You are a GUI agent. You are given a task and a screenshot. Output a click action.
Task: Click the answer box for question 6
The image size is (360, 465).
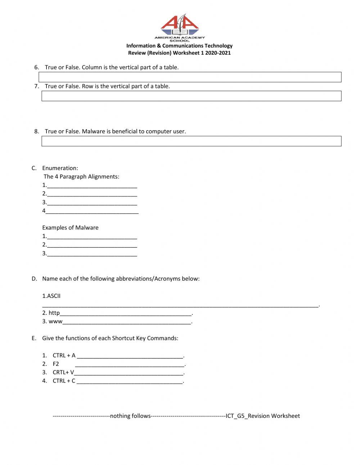(190, 77)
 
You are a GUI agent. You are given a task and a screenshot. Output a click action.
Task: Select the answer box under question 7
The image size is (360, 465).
(191, 96)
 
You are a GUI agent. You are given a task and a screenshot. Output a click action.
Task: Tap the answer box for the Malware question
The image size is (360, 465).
(191, 141)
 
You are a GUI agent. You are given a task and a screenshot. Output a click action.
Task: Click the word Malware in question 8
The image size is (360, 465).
(93, 131)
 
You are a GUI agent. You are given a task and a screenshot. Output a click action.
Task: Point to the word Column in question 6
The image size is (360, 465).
(92, 67)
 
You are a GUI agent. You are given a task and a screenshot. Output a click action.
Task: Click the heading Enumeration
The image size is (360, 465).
(60, 168)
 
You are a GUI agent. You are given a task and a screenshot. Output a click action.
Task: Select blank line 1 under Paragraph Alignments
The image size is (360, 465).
(92, 186)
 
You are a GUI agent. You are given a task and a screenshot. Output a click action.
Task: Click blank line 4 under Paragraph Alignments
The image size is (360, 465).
(92, 211)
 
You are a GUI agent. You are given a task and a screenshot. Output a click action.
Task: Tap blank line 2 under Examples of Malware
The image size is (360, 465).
(92, 245)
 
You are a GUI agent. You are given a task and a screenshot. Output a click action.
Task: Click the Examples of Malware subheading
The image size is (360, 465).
(70, 228)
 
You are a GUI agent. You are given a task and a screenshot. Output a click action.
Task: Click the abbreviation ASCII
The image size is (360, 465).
(54, 296)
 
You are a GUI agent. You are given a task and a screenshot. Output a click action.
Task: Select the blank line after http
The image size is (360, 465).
(126, 313)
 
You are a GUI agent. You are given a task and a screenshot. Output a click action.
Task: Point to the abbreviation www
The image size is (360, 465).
(55, 322)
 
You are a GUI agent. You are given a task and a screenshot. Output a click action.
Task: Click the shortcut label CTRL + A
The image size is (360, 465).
(64, 356)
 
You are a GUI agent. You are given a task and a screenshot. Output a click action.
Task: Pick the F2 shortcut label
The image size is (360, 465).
(56, 364)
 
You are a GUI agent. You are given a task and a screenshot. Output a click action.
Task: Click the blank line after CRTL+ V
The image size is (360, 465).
(129, 373)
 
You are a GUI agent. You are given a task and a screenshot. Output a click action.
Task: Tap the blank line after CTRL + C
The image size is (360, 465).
(130, 381)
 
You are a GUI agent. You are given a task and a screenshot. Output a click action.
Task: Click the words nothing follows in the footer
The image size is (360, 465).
(130, 416)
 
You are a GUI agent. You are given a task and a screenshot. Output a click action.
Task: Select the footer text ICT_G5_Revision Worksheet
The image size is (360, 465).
(262, 416)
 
